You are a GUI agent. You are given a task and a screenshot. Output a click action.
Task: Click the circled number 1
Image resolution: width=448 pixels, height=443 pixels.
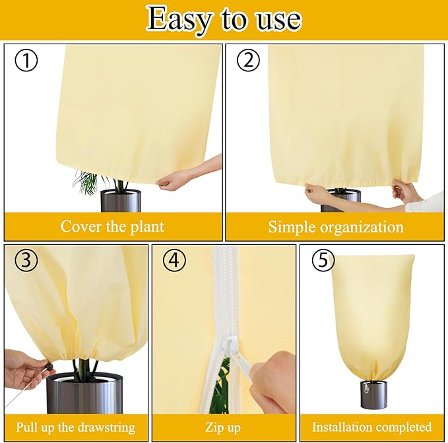coord(26,60)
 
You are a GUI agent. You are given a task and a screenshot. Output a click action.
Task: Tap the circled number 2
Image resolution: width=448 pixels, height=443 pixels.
coord(248,60)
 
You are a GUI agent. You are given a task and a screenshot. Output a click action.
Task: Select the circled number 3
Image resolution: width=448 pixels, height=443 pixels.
coord(26,260)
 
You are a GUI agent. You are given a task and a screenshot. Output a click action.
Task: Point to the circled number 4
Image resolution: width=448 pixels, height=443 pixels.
coord(174,260)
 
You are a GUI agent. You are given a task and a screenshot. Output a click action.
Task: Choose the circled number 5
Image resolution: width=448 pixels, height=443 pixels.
coord(323,261)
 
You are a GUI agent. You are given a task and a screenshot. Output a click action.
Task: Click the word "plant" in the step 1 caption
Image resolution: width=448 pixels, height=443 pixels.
coord(147,227)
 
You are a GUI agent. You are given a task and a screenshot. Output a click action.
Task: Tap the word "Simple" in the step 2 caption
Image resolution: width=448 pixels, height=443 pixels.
coord(292,228)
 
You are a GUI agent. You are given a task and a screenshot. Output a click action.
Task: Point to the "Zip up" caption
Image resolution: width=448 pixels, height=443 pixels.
coord(223,428)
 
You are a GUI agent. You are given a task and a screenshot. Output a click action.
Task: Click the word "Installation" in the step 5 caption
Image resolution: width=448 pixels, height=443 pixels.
coord(339,427)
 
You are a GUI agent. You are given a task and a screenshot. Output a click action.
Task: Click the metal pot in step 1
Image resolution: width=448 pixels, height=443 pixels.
coord(121,201)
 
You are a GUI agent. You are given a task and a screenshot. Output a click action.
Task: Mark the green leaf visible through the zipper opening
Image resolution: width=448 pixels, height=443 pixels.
coord(224,382)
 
